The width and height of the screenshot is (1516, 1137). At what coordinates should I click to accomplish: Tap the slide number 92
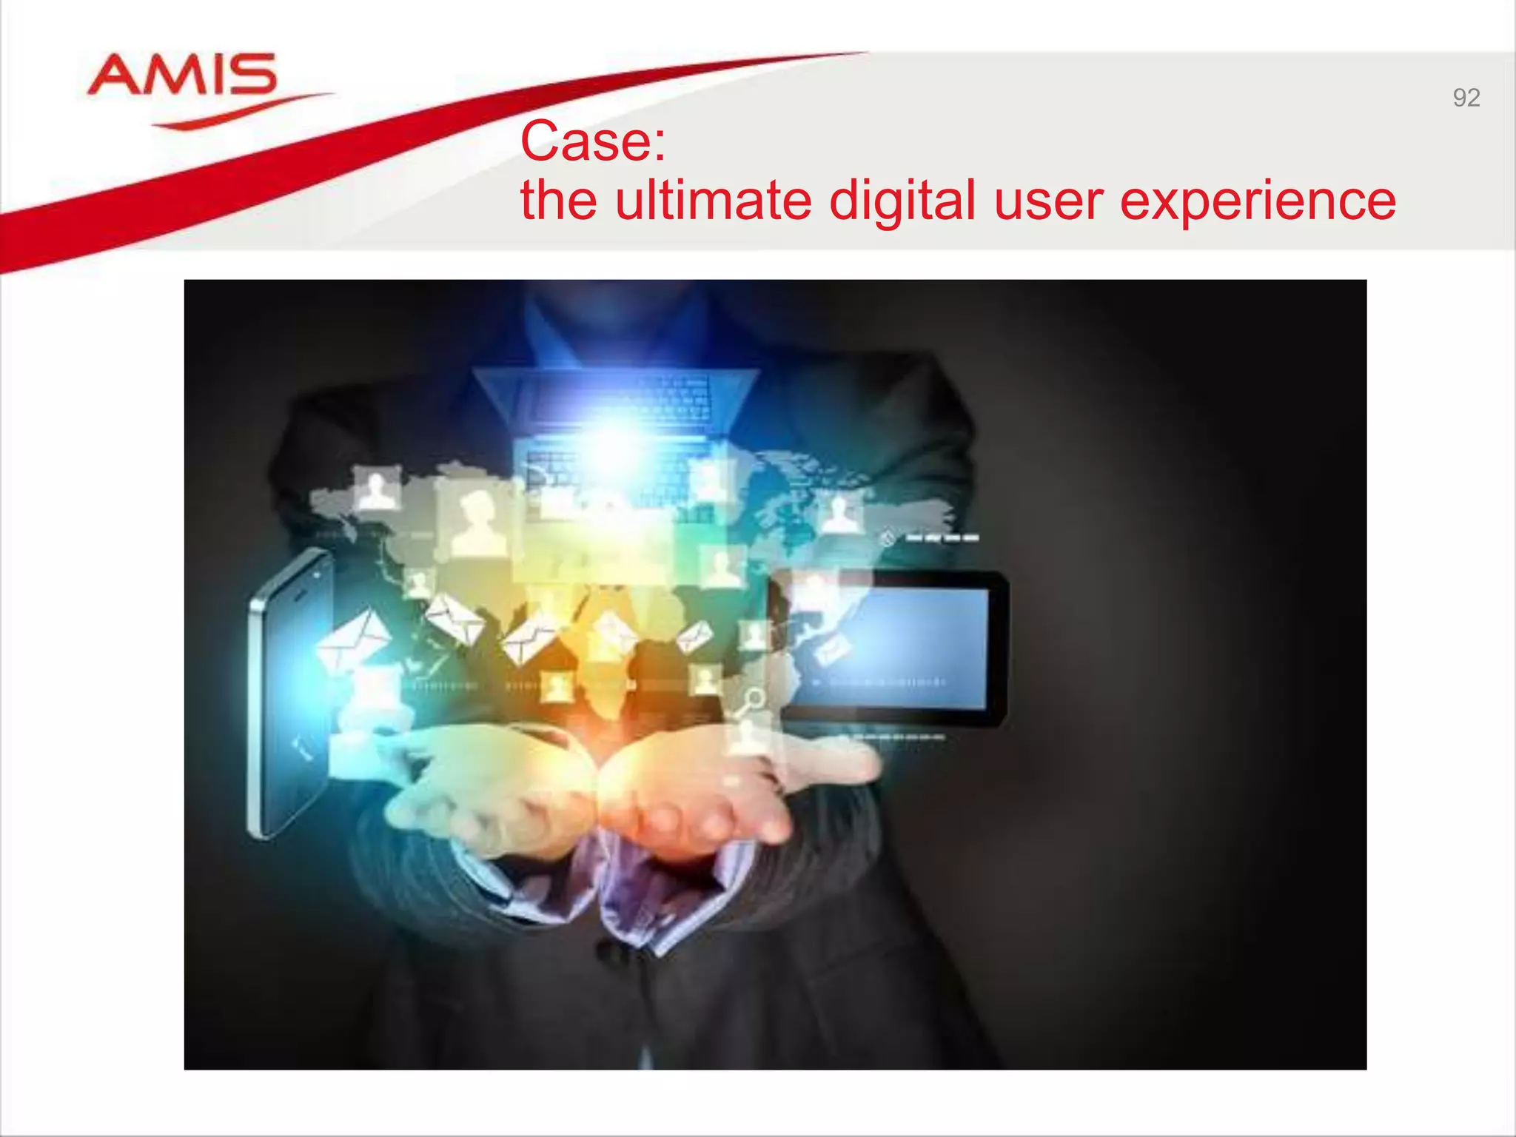point(1466,98)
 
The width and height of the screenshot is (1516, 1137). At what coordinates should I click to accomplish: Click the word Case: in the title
point(593,141)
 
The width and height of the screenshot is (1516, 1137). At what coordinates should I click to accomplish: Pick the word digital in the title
point(902,201)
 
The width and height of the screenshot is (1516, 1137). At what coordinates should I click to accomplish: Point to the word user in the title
point(1048,201)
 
